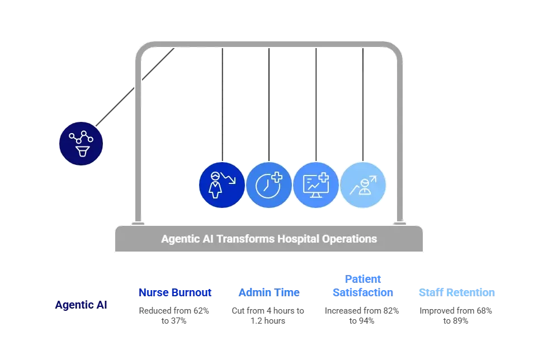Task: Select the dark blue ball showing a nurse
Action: (x=221, y=185)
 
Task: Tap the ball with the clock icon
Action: (x=268, y=185)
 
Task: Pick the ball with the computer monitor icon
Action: (x=315, y=185)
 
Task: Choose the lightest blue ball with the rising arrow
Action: (x=362, y=185)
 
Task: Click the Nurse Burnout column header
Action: (x=176, y=292)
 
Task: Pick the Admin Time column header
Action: (x=268, y=292)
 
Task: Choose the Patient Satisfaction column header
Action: (x=362, y=286)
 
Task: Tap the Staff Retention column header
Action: (x=456, y=292)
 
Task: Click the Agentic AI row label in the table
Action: (x=81, y=305)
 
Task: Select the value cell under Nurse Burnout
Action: (x=176, y=314)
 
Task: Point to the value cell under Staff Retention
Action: (x=456, y=314)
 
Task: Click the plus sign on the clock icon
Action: (x=276, y=178)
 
